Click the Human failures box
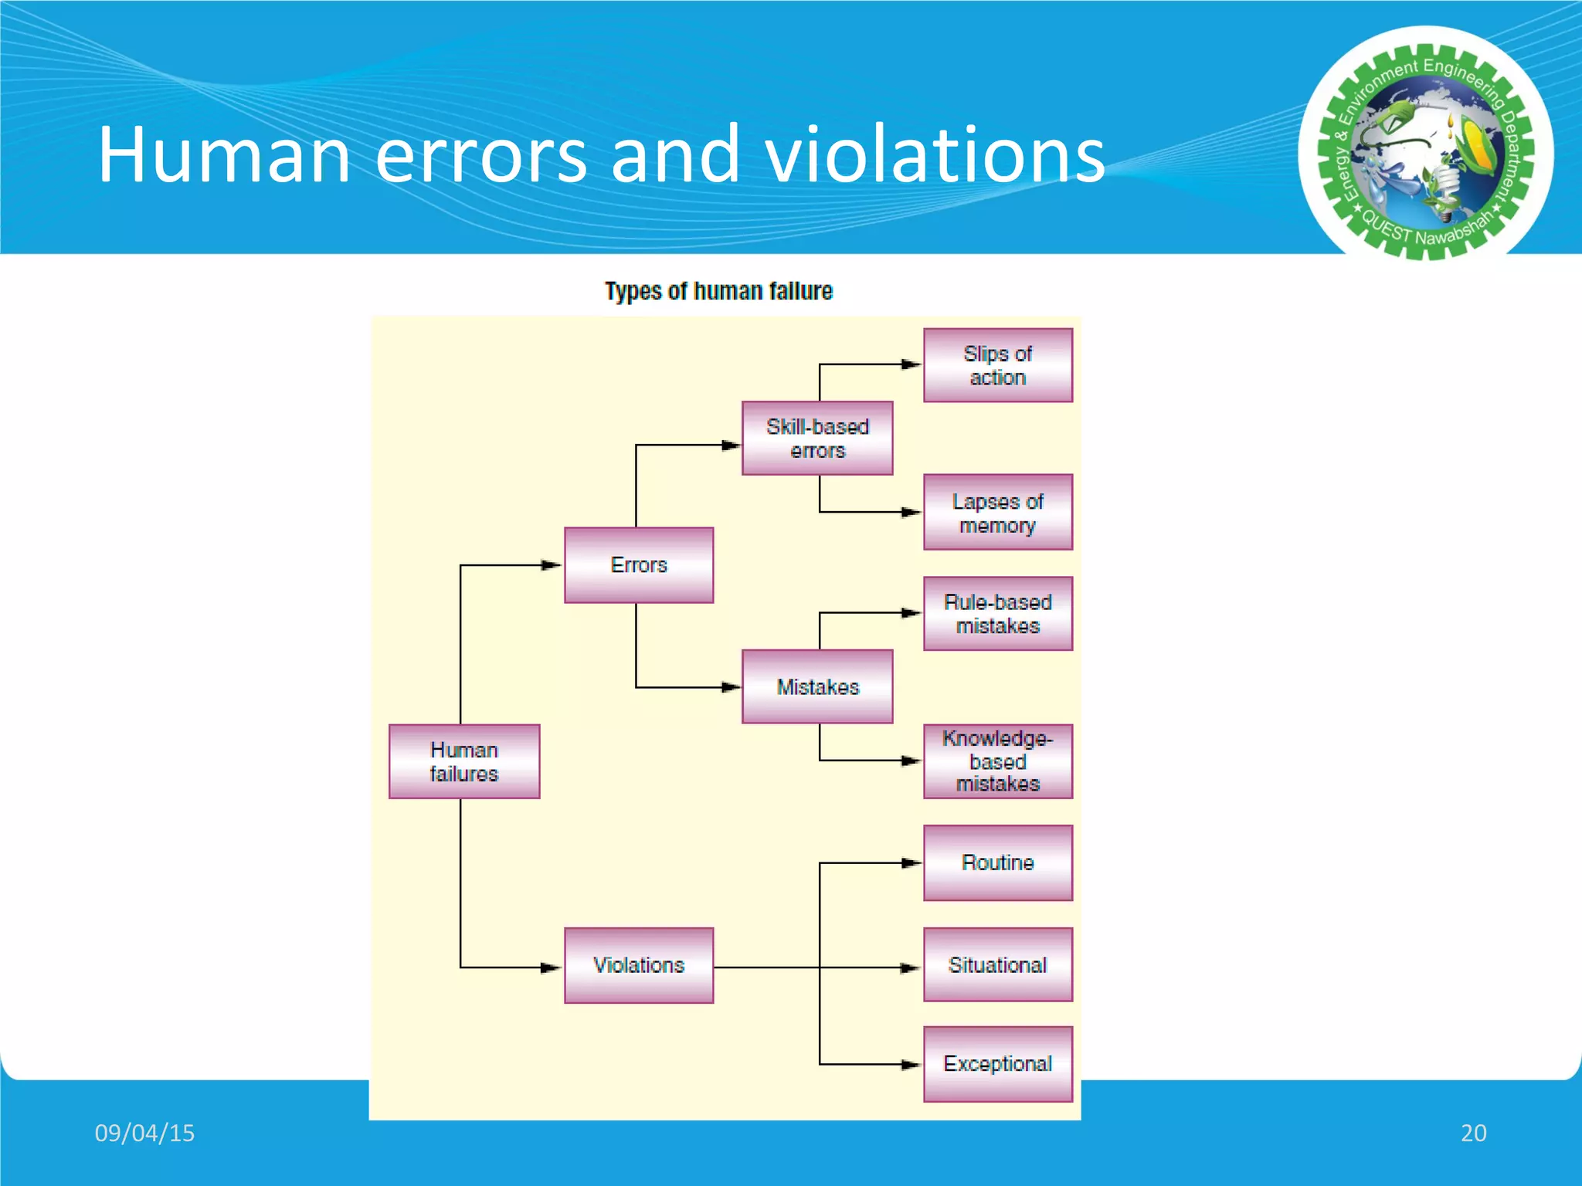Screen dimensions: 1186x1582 click(x=464, y=761)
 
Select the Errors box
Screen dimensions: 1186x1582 click(x=639, y=565)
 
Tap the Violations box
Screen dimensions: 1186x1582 click(x=639, y=965)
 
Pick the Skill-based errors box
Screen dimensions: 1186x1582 click(x=817, y=438)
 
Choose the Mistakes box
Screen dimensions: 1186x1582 click(x=817, y=686)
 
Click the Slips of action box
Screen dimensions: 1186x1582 click(x=998, y=365)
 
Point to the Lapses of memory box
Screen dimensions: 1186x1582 click(x=998, y=513)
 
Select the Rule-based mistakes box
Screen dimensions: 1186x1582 click(x=998, y=614)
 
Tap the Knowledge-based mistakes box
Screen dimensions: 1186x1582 click(x=998, y=761)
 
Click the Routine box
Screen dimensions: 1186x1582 click(x=998, y=862)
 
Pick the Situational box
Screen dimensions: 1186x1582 click(x=998, y=965)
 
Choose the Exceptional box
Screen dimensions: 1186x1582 click(x=998, y=1064)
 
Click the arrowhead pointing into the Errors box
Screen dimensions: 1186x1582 click(x=552, y=565)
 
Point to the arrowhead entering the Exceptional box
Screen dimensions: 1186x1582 click(x=912, y=1065)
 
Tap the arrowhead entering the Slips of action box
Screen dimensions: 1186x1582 click(x=912, y=364)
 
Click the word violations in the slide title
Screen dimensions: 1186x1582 click(x=935, y=154)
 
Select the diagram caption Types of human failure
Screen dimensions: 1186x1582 click(x=718, y=291)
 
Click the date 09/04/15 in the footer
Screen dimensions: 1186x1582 click(x=144, y=1133)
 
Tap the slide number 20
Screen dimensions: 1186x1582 click(x=1473, y=1133)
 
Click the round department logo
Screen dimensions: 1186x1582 click(x=1426, y=144)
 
